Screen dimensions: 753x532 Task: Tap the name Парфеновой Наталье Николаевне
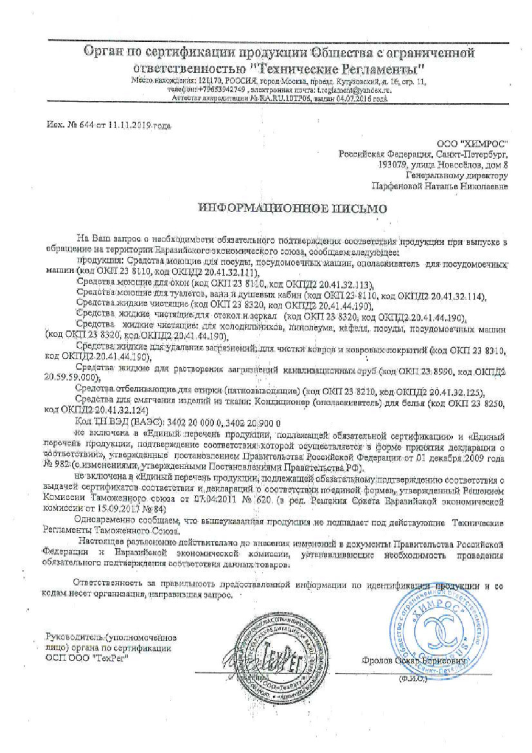click(x=441, y=186)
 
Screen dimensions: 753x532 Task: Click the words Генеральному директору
click(x=457, y=175)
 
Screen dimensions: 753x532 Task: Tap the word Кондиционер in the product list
click(x=276, y=403)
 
